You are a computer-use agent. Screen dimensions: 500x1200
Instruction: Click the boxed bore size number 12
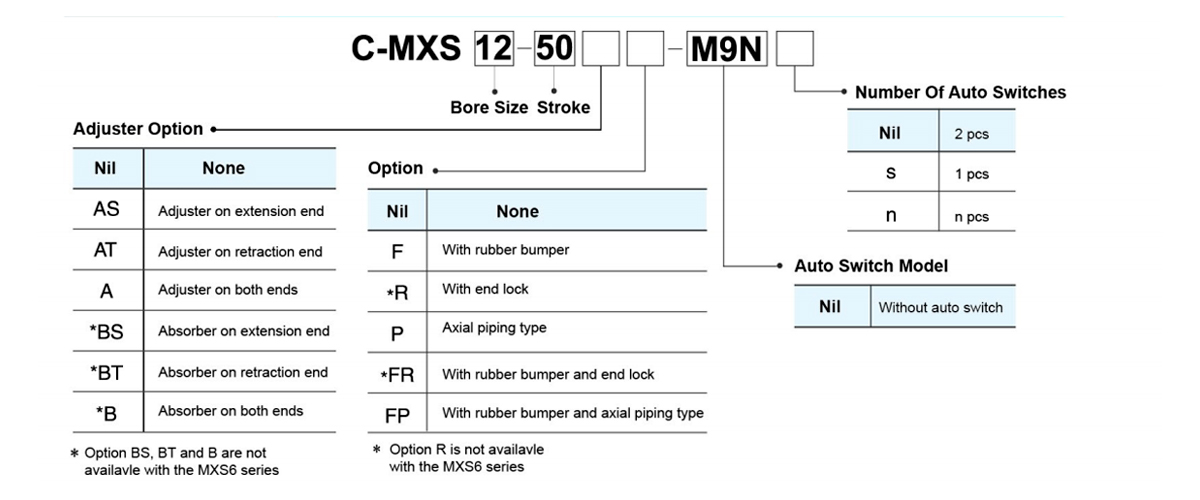(493, 48)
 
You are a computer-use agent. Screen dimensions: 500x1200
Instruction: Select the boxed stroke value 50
(554, 48)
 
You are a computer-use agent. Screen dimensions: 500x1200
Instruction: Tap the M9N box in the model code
(727, 48)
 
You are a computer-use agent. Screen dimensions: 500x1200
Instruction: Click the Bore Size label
(489, 107)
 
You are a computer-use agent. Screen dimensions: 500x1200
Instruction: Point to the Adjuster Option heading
(138, 129)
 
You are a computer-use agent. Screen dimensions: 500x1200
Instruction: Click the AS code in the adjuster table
(106, 210)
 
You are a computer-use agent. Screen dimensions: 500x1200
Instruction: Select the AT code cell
(106, 251)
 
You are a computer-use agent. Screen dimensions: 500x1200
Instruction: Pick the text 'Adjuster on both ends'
(228, 290)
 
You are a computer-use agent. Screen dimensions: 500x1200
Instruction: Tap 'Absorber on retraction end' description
(243, 372)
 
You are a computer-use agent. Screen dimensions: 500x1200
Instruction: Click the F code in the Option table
(397, 250)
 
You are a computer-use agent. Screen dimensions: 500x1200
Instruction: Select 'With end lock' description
(485, 289)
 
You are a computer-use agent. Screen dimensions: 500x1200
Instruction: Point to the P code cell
(397, 332)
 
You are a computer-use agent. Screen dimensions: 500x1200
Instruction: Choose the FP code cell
(397, 414)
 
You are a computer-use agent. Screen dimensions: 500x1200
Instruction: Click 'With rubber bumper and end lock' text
(548, 374)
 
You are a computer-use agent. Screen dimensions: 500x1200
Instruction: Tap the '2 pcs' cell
(971, 134)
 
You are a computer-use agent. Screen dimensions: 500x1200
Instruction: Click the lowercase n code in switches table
(891, 216)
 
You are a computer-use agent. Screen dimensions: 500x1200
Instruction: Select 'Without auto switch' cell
(940, 307)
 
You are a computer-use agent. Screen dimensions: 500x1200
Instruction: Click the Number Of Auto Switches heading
(960, 92)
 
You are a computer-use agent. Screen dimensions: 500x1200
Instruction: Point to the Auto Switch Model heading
(871, 266)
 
